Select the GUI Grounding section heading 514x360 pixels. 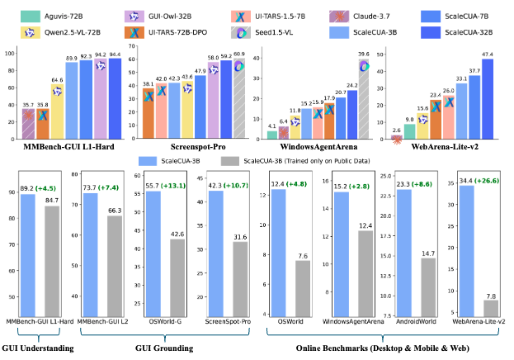[x=163, y=348]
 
